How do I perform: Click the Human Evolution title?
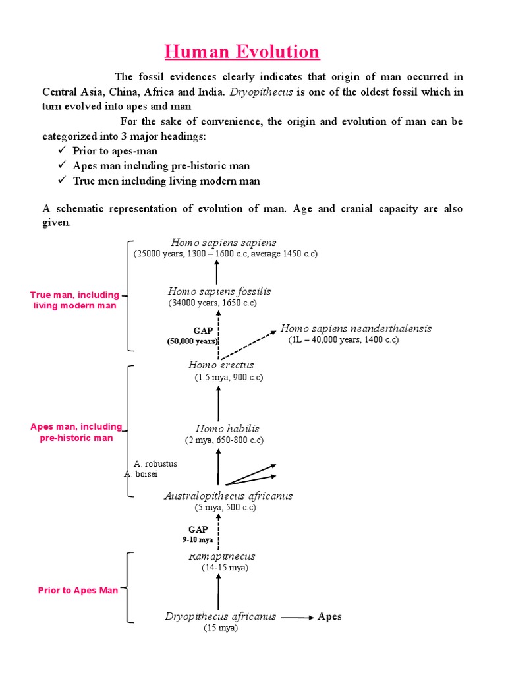coord(242,51)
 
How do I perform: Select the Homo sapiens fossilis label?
coord(219,291)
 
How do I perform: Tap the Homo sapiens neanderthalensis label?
coord(356,328)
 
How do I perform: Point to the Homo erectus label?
coord(221,365)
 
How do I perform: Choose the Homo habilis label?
coord(227,428)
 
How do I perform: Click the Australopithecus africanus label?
coord(228,496)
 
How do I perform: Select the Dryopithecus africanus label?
coord(220,617)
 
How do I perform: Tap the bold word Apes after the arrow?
coord(329,617)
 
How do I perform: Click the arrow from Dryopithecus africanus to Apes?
coord(298,618)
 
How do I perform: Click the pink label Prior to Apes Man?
coord(78,590)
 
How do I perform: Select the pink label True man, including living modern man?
coord(74,301)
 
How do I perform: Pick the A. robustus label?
coord(155,463)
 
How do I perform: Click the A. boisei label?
coord(140,473)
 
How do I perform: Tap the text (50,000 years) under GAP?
coord(192,341)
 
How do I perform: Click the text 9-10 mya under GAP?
coord(198,539)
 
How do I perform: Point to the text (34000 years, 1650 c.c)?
coord(211,303)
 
